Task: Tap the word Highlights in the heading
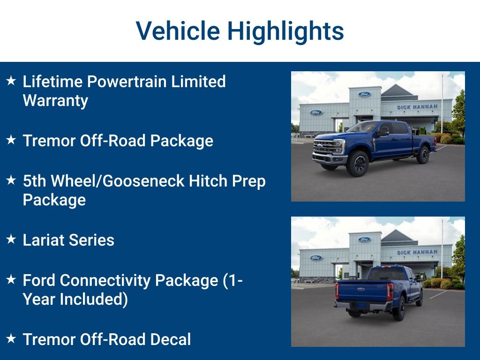[285, 31]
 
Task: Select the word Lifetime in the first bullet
[53, 82]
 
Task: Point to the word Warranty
[55, 101]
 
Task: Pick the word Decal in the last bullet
[170, 339]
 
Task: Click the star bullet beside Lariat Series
[11, 240]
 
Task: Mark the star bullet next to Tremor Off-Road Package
[11, 140]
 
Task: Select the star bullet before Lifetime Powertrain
[11, 81]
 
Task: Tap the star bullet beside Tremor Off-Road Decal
[11, 338]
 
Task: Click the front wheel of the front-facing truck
[358, 164]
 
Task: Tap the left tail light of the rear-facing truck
[337, 291]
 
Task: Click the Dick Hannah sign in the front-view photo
[417, 107]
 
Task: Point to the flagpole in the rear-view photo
[442, 248]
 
